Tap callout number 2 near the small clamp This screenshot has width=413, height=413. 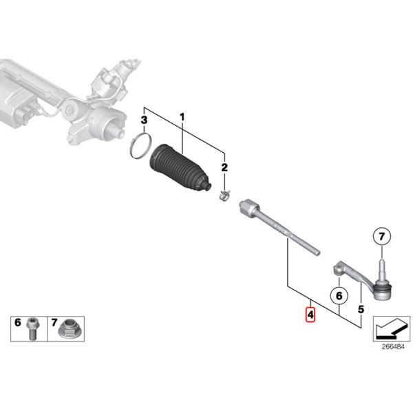pos(224,168)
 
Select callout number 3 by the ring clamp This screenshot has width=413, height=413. pos(143,121)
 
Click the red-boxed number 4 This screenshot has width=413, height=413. pos(310,315)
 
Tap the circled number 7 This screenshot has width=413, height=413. pos(381,237)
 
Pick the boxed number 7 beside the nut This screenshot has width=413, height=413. pos(53,322)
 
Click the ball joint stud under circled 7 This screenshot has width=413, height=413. pos(380,268)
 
